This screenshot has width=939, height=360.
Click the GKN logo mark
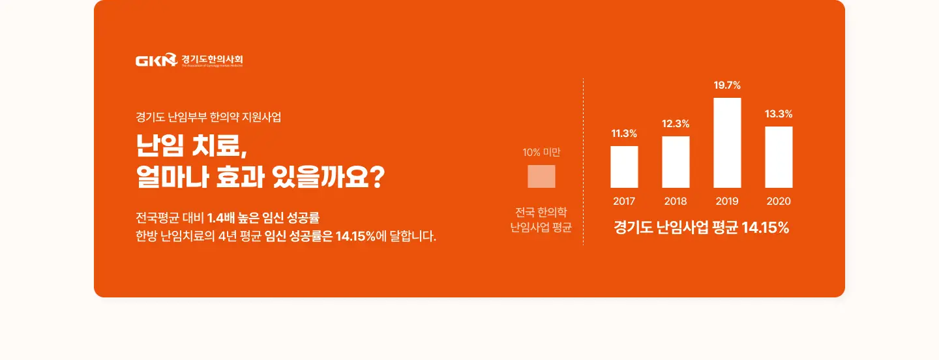click(x=156, y=61)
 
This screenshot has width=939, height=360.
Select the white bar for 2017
click(x=624, y=167)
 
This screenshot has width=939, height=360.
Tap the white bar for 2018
click(x=676, y=162)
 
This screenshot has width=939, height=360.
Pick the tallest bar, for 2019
click(x=727, y=143)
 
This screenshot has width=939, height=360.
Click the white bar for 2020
click(x=779, y=157)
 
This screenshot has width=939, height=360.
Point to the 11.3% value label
click(x=624, y=134)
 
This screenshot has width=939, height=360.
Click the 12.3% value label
click(x=676, y=124)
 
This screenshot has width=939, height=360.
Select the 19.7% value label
click(x=727, y=85)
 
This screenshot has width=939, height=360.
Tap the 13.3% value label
click(x=779, y=114)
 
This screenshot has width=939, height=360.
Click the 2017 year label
click(x=624, y=202)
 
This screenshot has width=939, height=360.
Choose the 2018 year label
click(x=676, y=202)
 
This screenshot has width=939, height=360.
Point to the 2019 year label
click(x=727, y=202)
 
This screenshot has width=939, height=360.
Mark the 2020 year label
click(x=779, y=202)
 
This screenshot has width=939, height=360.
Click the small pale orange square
click(x=541, y=176)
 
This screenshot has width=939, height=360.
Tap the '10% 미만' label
click(x=541, y=153)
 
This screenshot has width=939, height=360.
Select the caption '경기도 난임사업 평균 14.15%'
click(x=702, y=228)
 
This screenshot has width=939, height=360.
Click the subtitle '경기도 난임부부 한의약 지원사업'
click(x=208, y=118)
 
